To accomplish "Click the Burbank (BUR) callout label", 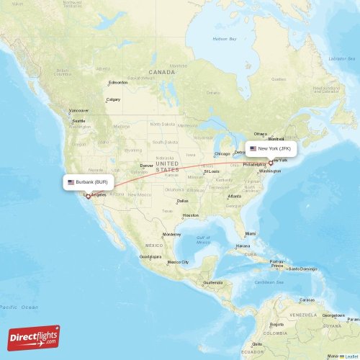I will tap(87, 182).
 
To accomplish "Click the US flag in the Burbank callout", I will tap(71, 182).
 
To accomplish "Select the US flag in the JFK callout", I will tap(253, 149).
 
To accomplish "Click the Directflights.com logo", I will tap(34, 337).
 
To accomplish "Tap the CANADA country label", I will tap(162, 72).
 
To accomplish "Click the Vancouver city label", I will tap(78, 110).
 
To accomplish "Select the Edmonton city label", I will tap(118, 82).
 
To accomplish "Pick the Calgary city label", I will tap(113, 99).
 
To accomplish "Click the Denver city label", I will tap(146, 165).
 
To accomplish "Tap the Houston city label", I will tap(190, 215).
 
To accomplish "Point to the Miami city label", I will tap(250, 233).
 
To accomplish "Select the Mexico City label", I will tap(178, 262).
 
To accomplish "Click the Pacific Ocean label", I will tap(19, 307).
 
